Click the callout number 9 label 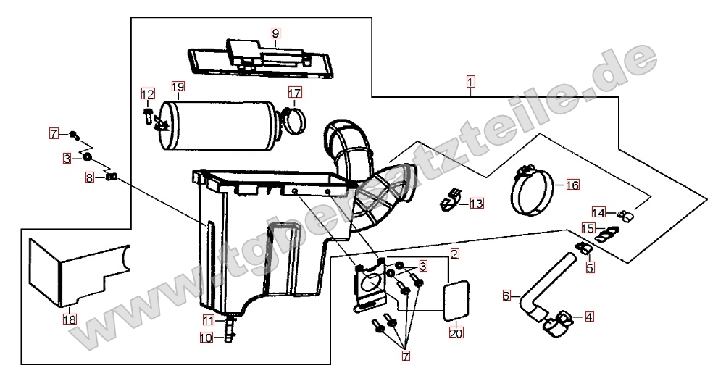(x=275, y=33)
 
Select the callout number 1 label (x=470, y=83)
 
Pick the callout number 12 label (x=148, y=94)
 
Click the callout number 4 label (x=589, y=317)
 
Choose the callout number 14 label (x=598, y=212)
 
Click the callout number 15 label (x=588, y=229)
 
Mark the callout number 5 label (x=589, y=267)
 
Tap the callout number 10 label (x=206, y=338)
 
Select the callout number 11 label (x=209, y=319)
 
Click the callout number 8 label (x=90, y=177)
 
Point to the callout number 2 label (x=455, y=254)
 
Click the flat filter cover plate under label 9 (x=259, y=57)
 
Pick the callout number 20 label (x=456, y=332)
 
